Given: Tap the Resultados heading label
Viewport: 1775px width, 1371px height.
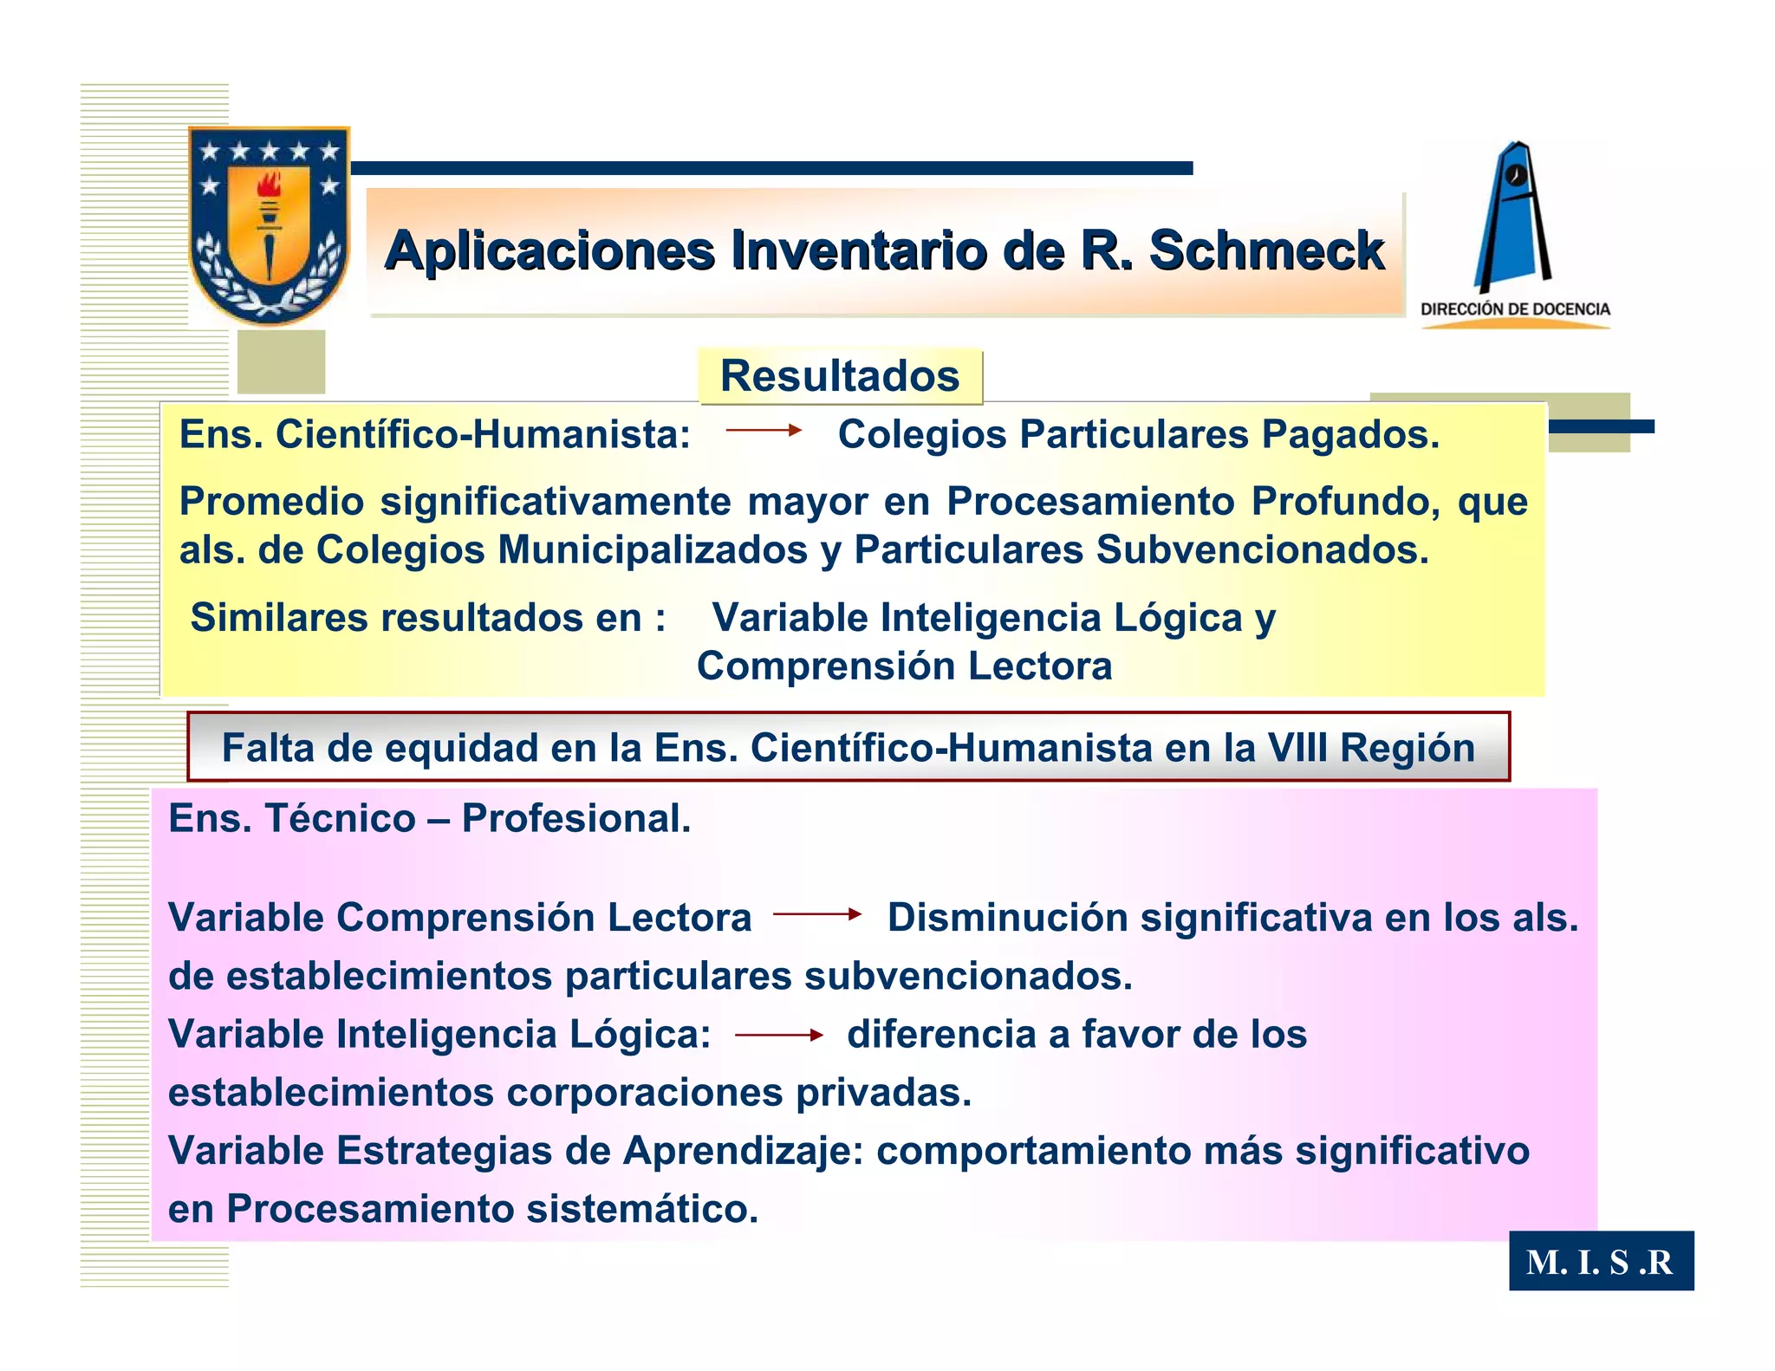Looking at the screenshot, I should tap(840, 376).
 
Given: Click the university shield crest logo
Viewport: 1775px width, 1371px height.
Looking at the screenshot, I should tap(270, 225).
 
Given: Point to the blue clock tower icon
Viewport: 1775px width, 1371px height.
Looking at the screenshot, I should tap(1513, 217).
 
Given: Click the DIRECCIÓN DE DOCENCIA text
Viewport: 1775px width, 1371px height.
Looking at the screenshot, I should tap(1515, 309).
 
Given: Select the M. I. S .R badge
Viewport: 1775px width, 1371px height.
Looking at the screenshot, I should tap(1600, 1262).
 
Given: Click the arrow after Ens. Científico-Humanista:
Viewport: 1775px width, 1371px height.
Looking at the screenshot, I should tap(764, 430).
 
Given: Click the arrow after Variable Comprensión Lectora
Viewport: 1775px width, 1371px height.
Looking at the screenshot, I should tap(817, 913).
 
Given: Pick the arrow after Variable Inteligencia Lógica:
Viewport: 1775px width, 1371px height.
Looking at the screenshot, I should tap(778, 1035).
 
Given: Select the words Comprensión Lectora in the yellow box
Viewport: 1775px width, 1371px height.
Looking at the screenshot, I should tap(904, 666).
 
